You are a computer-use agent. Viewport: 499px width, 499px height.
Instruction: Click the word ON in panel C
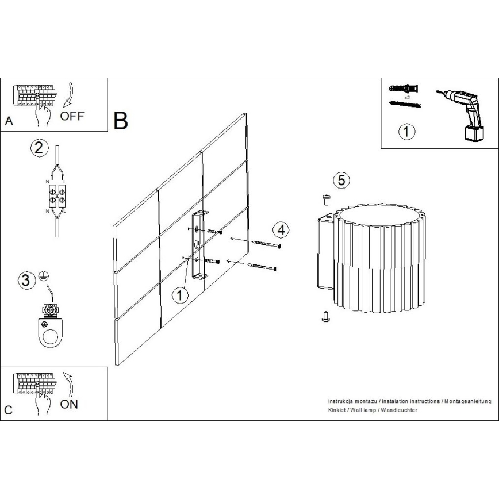pyautogui.click(x=69, y=404)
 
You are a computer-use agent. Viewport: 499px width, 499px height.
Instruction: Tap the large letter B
pyautogui.click(x=121, y=120)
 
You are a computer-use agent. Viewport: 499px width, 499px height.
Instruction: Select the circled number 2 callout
pyautogui.click(x=38, y=148)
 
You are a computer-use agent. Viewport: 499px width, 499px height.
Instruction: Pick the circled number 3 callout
pyautogui.click(x=25, y=281)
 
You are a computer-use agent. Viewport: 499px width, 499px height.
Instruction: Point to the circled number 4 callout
pyautogui.click(x=280, y=229)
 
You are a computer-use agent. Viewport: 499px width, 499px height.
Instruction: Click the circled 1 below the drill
pyautogui.click(x=406, y=132)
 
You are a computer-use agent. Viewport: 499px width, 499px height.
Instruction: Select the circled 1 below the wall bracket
pyautogui.click(x=181, y=295)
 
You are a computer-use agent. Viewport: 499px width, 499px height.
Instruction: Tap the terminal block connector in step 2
pyautogui.click(x=56, y=194)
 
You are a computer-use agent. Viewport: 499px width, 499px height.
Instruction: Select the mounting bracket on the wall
pyautogui.click(x=199, y=246)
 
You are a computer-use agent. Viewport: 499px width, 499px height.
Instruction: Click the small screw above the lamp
pyautogui.click(x=325, y=199)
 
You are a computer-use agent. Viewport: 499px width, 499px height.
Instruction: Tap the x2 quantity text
pyautogui.click(x=406, y=98)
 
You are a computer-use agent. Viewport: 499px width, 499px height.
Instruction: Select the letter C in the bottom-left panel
pyautogui.click(x=8, y=410)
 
